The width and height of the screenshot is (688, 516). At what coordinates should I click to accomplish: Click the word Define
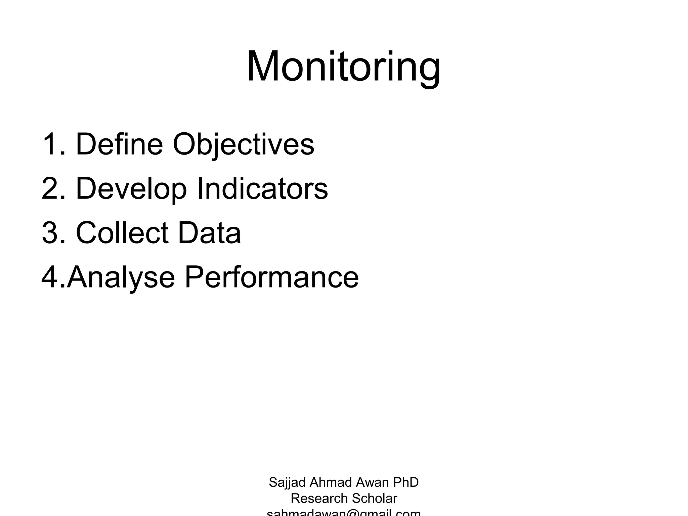(x=119, y=144)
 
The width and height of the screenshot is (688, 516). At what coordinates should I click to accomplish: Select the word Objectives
(x=243, y=145)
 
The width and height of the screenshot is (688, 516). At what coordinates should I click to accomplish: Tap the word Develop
(x=131, y=189)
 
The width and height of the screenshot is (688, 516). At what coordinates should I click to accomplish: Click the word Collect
(x=122, y=232)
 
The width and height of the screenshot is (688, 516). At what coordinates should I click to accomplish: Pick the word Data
(x=209, y=232)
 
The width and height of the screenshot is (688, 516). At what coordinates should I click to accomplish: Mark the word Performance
(x=271, y=277)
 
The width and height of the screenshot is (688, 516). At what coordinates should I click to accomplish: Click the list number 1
(x=50, y=144)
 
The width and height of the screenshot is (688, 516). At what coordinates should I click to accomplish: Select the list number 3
(x=50, y=232)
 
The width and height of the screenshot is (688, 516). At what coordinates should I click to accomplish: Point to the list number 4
(x=50, y=277)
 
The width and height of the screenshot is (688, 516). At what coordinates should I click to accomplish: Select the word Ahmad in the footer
(x=331, y=482)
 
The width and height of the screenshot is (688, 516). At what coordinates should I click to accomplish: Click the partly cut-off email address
(x=343, y=513)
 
